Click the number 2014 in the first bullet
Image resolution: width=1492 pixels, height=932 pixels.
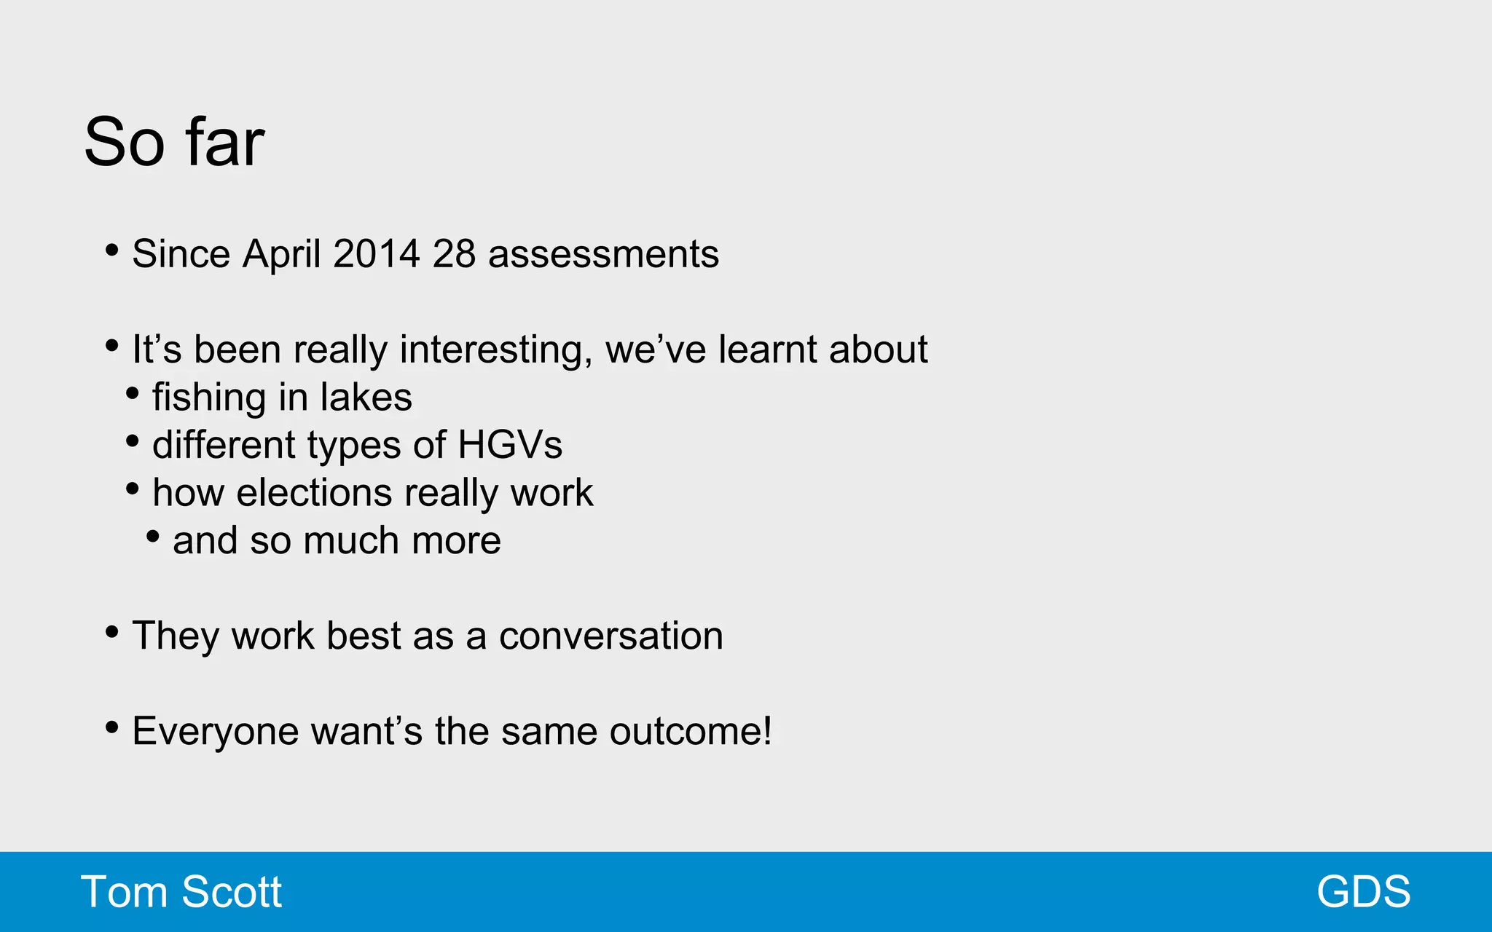(x=376, y=254)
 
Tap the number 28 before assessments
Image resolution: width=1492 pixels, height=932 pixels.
(x=454, y=254)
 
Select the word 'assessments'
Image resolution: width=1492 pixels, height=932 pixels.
(x=603, y=254)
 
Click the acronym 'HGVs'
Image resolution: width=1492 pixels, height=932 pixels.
(x=510, y=445)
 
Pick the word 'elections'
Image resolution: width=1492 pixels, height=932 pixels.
(x=315, y=493)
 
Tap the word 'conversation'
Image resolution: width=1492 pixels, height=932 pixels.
(x=610, y=636)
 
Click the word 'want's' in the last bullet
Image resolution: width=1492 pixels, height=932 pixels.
(x=366, y=731)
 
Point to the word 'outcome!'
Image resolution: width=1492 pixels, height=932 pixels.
(x=690, y=731)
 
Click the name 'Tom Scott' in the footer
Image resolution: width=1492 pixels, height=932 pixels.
(x=181, y=892)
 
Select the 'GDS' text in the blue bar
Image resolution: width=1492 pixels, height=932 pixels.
(x=1363, y=892)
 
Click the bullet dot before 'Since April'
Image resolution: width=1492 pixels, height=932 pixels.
(x=111, y=250)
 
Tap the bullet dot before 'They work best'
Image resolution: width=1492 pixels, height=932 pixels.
(x=111, y=632)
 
